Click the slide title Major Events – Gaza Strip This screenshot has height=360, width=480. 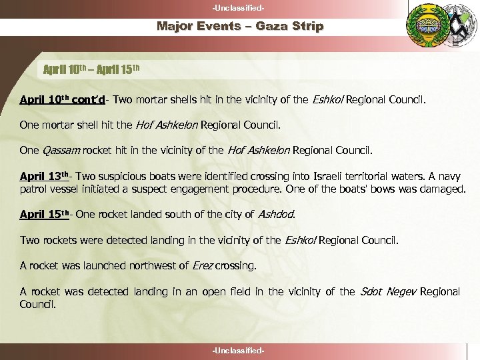tap(240, 27)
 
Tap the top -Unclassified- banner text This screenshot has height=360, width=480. tap(239, 7)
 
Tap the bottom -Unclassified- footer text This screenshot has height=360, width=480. tap(239, 351)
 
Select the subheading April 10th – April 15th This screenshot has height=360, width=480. tap(91, 69)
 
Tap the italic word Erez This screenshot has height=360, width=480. tap(202, 266)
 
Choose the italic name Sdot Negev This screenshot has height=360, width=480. tap(387, 291)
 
